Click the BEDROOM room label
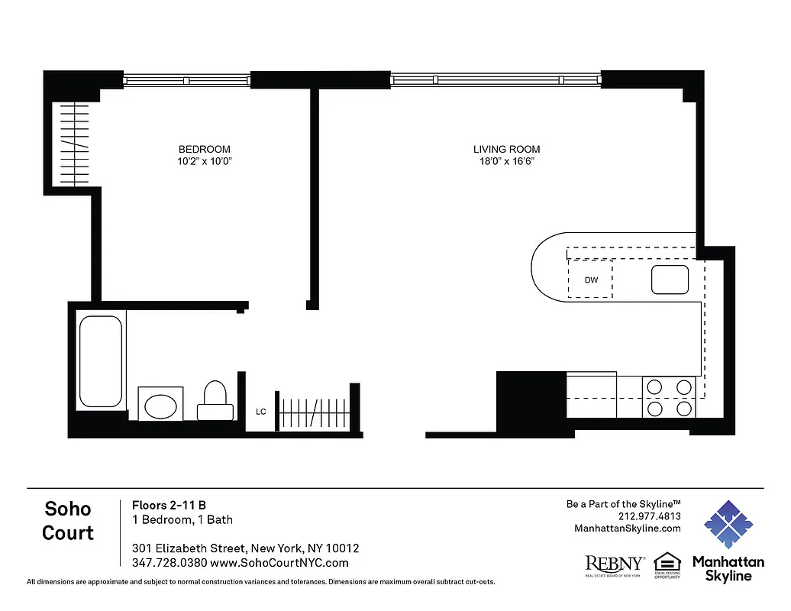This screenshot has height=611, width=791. (x=204, y=149)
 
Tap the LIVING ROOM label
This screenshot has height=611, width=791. (x=506, y=150)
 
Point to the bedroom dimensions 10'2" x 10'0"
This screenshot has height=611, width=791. (x=204, y=162)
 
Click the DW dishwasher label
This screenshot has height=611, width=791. (x=591, y=280)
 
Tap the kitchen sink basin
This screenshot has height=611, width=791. (x=670, y=280)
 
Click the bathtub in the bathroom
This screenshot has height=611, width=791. (x=100, y=361)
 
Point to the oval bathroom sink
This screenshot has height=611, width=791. (x=160, y=404)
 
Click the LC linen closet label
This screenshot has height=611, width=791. (x=261, y=412)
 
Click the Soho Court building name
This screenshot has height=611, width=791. (x=68, y=521)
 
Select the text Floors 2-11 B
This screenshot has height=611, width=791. (x=169, y=505)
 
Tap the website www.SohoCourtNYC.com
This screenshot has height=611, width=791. (x=279, y=563)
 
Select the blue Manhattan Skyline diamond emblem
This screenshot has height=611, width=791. (x=728, y=525)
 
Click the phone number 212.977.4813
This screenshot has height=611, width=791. (x=649, y=516)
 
